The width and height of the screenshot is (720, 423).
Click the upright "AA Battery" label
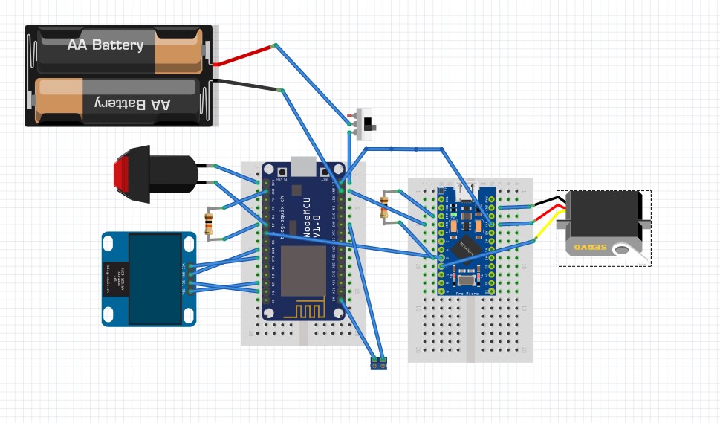click(x=105, y=45)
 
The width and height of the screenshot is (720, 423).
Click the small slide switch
click(x=366, y=123)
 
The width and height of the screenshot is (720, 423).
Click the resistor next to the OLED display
click(x=209, y=222)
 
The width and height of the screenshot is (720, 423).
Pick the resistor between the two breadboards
click(x=384, y=206)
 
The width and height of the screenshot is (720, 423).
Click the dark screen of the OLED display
click(x=155, y=279)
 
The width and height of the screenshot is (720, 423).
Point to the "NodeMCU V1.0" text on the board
click(x=311, y=216)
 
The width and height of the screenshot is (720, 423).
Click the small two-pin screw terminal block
click(x=378, y=363)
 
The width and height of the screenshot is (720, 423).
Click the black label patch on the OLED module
click(x=116, y=279)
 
